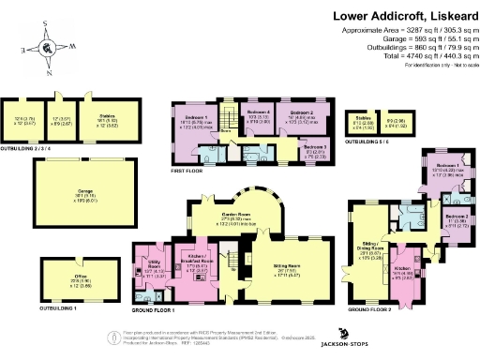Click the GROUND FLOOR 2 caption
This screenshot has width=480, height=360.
coord(369,307)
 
